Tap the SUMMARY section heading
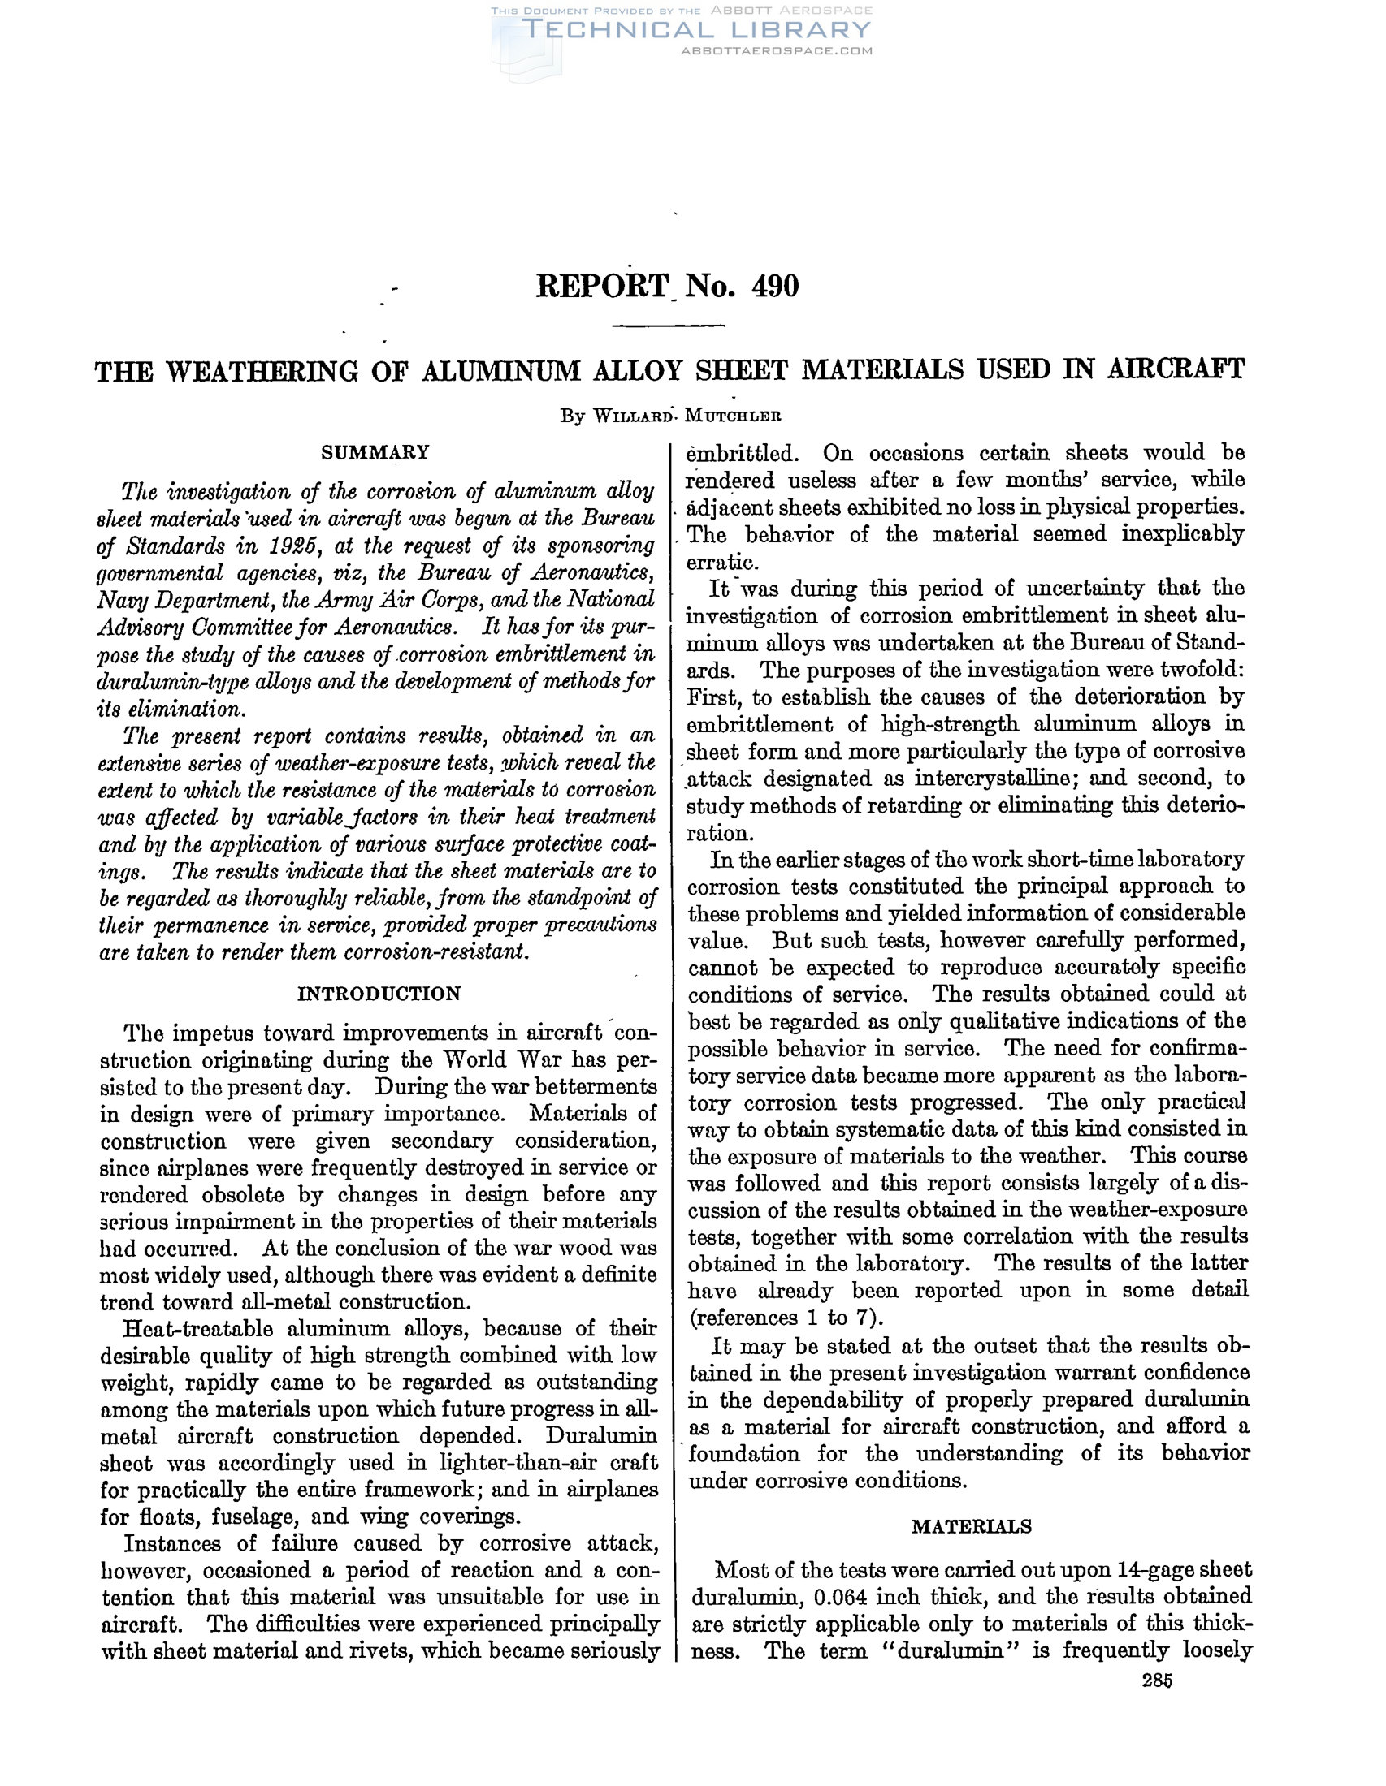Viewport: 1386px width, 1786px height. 375,452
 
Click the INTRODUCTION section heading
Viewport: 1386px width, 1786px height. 379,994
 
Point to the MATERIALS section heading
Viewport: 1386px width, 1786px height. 971,1526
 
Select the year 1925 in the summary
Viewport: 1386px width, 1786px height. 291,546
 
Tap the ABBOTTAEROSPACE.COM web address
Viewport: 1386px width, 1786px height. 777,50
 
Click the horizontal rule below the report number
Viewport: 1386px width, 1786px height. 669,326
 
